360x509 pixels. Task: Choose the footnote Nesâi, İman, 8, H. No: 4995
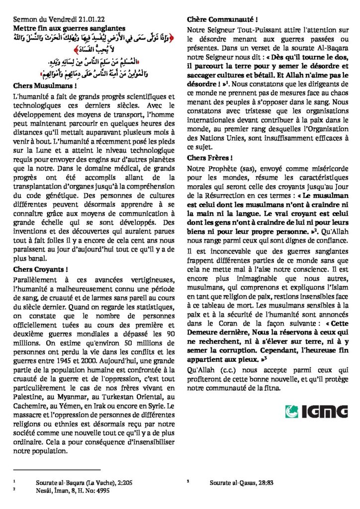75,489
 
